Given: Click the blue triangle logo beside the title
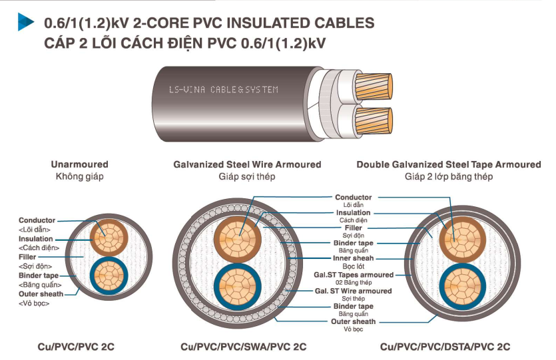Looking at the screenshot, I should pyautogui.click(x=25, y=23).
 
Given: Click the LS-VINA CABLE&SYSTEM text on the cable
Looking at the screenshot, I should pyautogui.click(x=223, y=89).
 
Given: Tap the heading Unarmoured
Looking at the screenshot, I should pyautogui.click(x=79, y=164).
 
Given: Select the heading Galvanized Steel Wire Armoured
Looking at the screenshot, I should pyautogui.click(x=247, y=164).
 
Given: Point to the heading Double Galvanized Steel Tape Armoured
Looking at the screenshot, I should pyautogui.click(x=448, y=164).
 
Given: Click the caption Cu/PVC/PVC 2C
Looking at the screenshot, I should pyautogui.click(x=80, y=347).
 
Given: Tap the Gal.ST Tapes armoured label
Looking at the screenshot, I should pyautogui.click(x=354, y=274).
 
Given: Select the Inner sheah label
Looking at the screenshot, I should pyautogui.click(x=354, y=258).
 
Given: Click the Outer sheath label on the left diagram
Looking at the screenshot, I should pyautogui.click(x=41, y=293).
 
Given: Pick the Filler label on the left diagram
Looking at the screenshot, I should pyautogui.click(x=27, y=257).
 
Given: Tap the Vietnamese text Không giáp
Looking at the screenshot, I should pyautogui.click(x=79, y=176).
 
